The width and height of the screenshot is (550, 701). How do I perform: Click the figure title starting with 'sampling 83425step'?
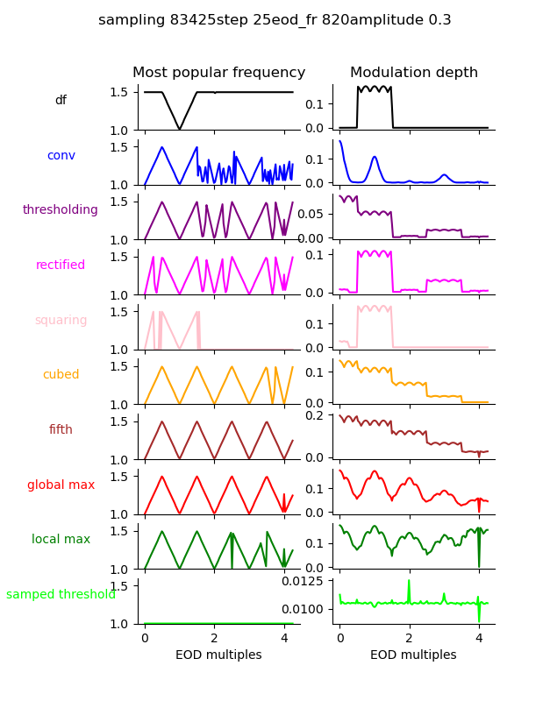click(x=275, y=20)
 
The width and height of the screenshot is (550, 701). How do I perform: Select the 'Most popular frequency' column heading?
click(x=218, y=73)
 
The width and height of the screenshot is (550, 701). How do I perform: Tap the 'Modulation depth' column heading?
click(x=413, y=73)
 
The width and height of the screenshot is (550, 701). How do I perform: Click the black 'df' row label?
click(x=61, y=101)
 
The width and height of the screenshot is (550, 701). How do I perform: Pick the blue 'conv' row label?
click(x=61, y=155)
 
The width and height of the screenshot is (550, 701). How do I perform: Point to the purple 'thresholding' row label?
click(x=61, y=210)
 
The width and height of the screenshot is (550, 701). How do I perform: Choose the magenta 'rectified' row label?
click(x=61, y=266)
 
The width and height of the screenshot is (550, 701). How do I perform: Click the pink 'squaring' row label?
click(x=61, y=321)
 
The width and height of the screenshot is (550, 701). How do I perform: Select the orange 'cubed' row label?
click(x=61, y=375)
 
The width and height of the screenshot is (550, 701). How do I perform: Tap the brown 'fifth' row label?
click(x=61, y=430)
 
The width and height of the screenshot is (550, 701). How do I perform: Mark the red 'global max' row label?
click(x=61, y=485)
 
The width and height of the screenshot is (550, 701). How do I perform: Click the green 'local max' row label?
click(x=61, y=540)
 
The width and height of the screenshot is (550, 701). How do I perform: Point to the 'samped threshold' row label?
click(x=61, y=595)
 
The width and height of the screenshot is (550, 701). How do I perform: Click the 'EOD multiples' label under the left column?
click(x=218, y=655)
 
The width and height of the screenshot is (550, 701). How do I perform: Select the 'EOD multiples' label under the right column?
click(x=413, y=655)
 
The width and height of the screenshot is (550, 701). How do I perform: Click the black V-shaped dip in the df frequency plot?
click(x=180, y=128)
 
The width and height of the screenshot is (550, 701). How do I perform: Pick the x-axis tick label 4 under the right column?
click(x=479, y=638)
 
